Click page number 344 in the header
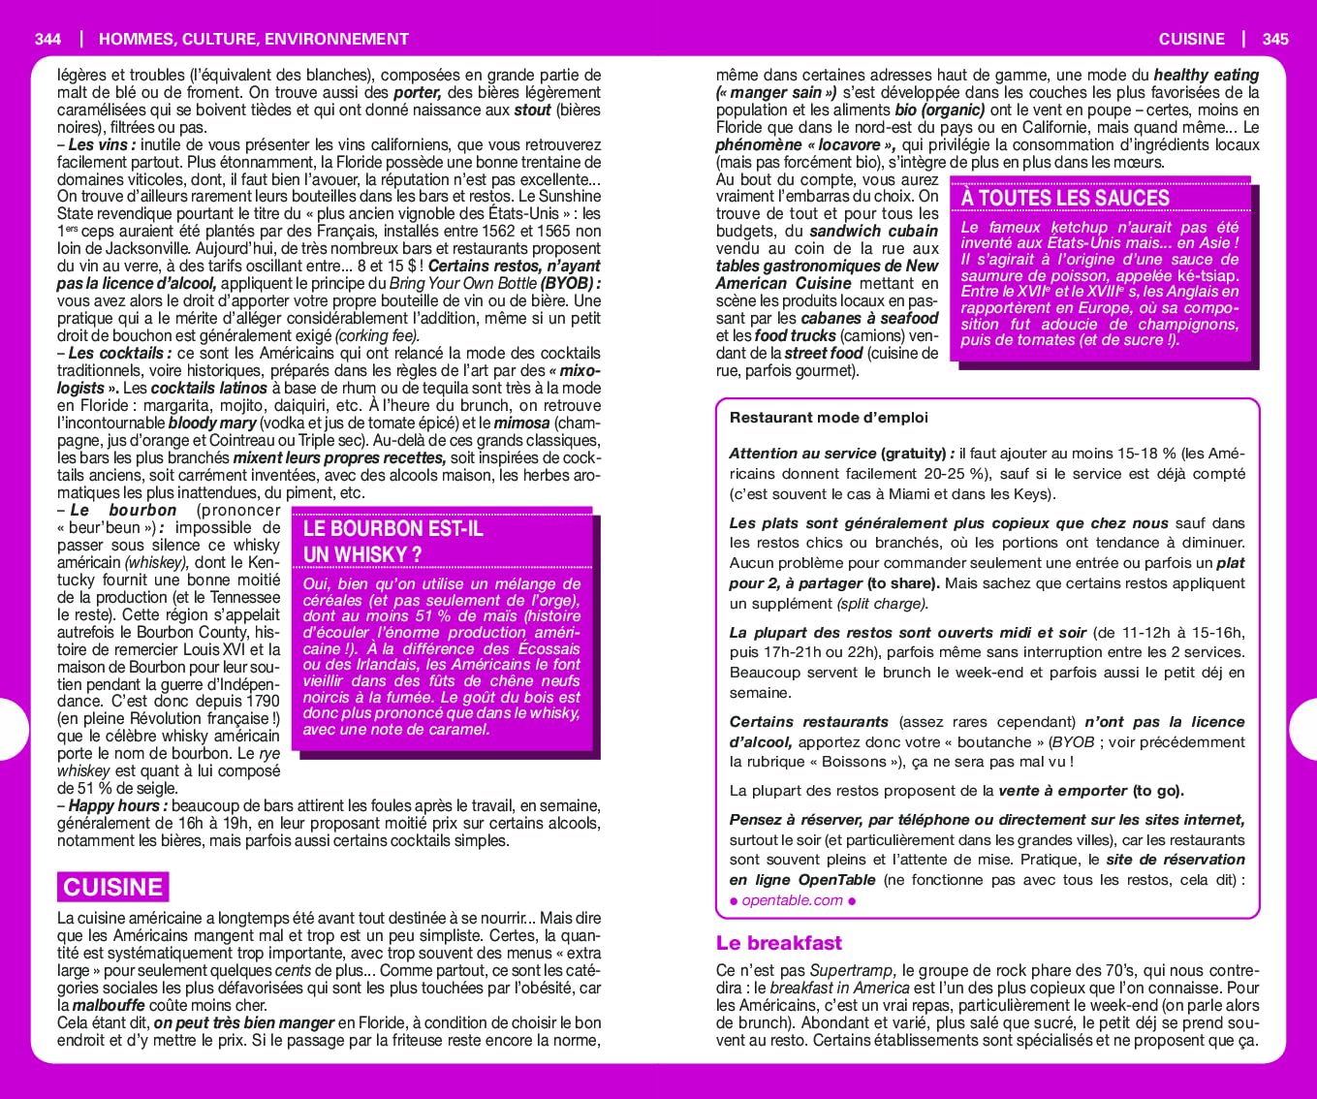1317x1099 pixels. pos(47,39)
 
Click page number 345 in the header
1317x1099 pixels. pos(1275,39)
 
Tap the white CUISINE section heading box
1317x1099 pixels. pos(112,887)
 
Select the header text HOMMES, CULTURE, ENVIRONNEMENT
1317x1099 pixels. pos(254,39)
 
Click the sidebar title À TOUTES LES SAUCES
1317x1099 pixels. pos(1065,198)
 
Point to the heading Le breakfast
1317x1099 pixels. pos(778,943)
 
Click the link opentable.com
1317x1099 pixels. pos(792,900)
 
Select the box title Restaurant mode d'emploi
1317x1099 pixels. pos(829,418)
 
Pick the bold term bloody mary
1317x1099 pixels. pos(212,423)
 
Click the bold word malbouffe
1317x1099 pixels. pos(109,1006)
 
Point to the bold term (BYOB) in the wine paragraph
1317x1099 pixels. pos(570,283)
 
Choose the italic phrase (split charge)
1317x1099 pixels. pos(882,604)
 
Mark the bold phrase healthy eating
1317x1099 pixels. pos(1207,76)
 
